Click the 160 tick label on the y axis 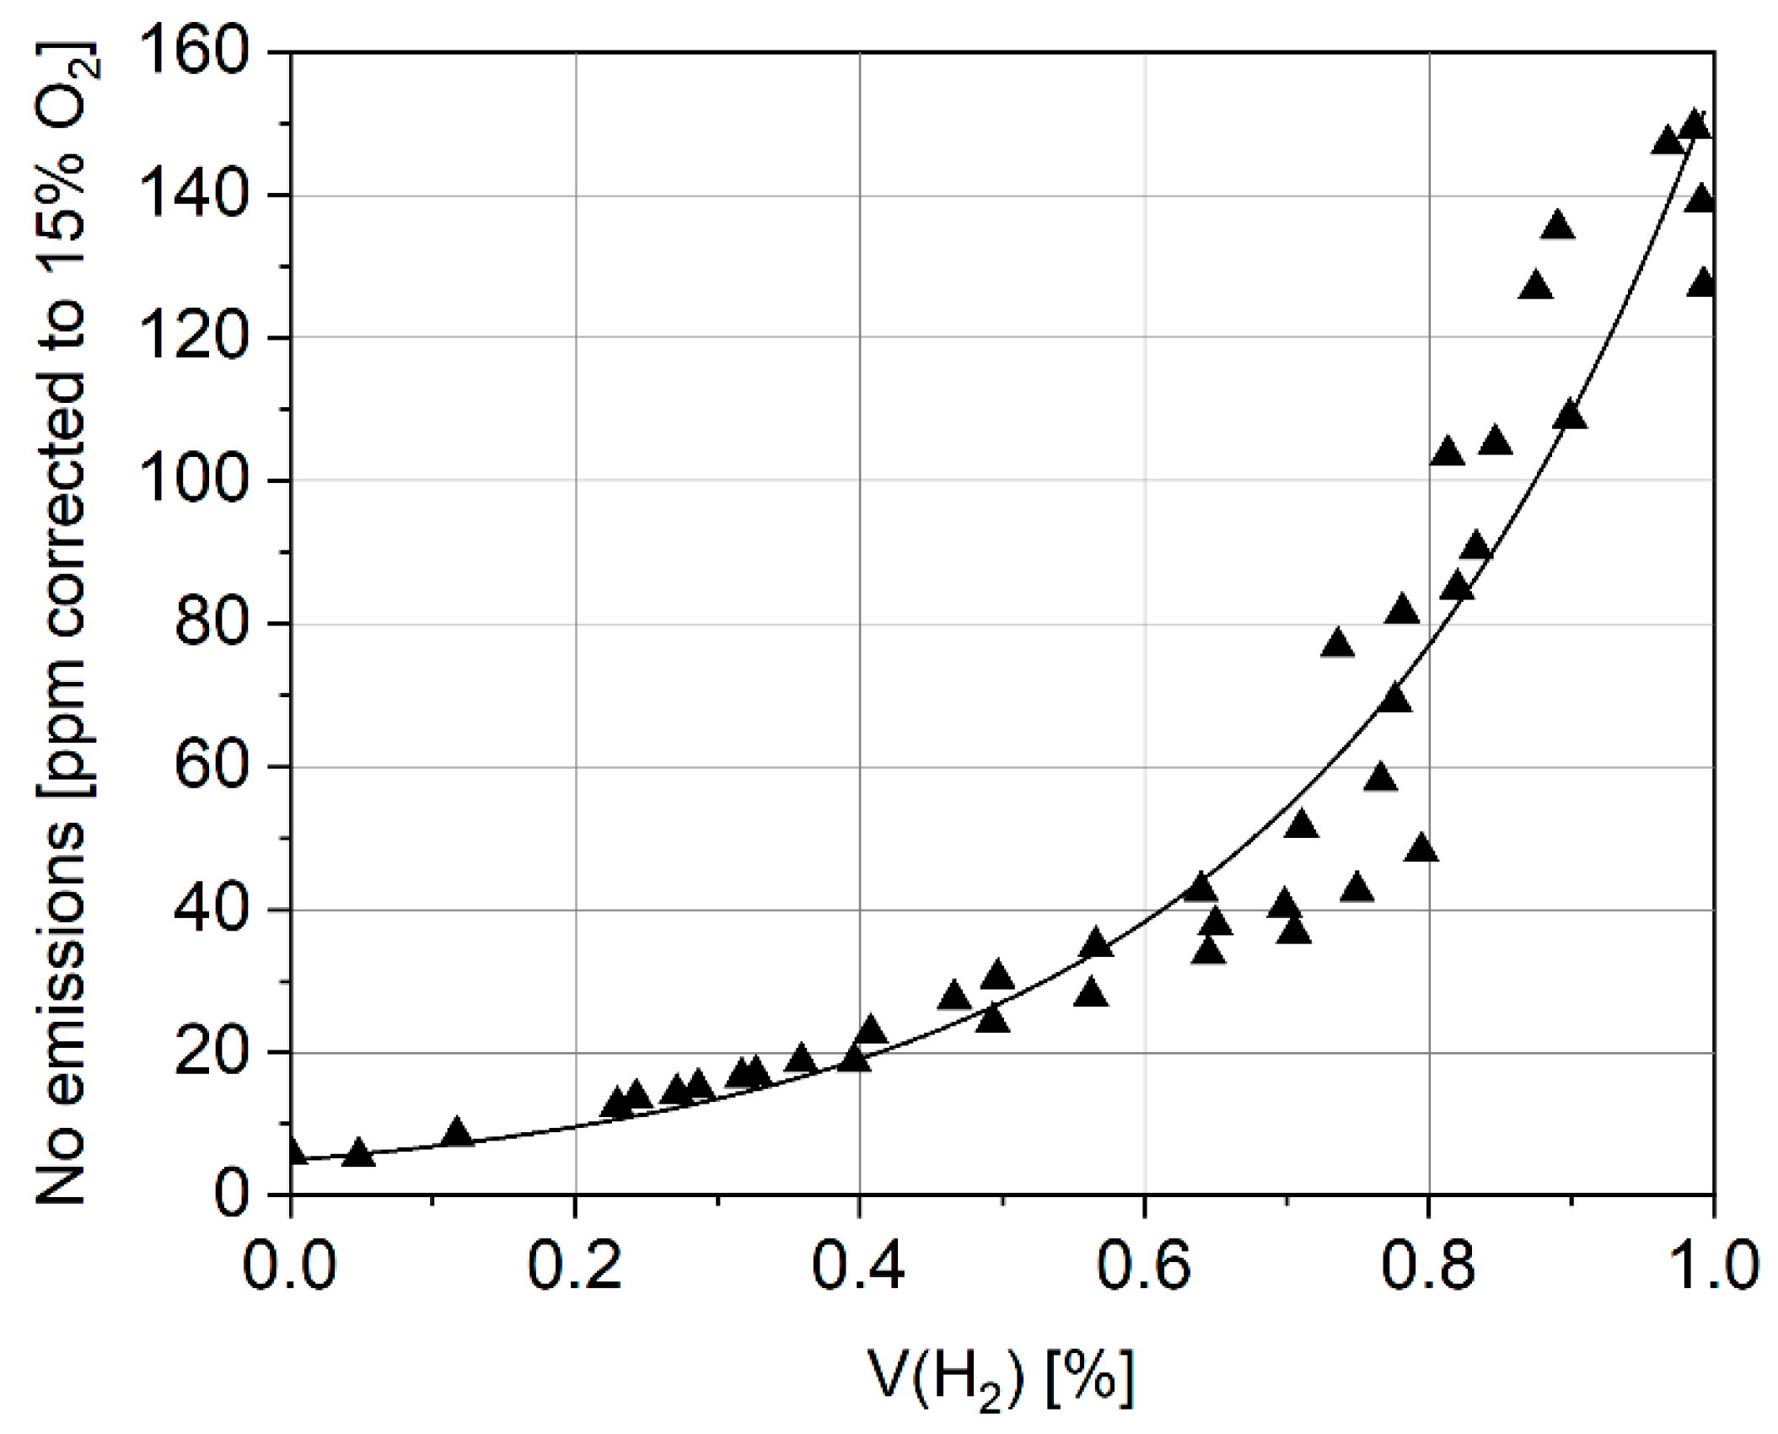tap(199, 52)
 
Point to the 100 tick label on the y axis tap(199, 481)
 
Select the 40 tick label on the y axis tap(214, 910)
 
